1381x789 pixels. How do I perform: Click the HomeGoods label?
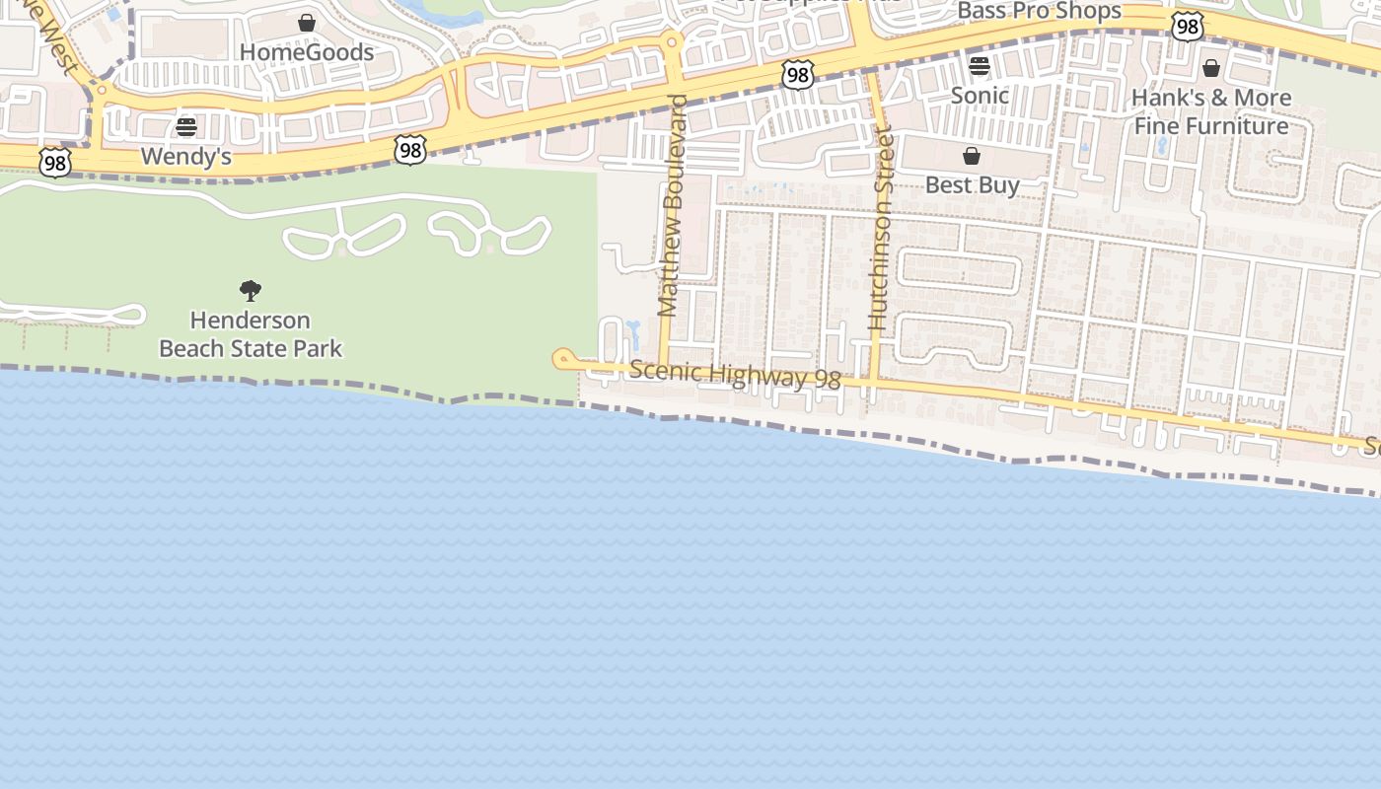(x=307, y=52)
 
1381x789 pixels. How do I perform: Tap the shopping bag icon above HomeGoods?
(x=307, y=22)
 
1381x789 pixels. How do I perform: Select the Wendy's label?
(x=185, y=156)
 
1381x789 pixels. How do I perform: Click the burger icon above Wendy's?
(x=186, y=127)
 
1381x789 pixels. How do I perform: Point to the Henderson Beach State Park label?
(x=251, y=334)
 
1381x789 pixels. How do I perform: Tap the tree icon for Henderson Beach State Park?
(x=251, y=290)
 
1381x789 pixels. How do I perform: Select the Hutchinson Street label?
(x=880, y=229)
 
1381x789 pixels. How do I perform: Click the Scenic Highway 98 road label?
(x=735, y=375)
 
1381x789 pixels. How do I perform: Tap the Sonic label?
(x=980, y=96)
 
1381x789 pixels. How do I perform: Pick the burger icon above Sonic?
(x=980, y=66)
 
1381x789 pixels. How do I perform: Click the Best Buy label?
(x=973, y=185)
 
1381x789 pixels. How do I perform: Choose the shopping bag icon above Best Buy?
(x=972, y=156)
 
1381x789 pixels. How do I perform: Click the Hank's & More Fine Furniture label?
(x=1211, y=111)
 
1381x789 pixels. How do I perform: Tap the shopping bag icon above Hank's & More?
(x=1211, y=68)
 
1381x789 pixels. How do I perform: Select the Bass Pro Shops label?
(x=1040, y=12)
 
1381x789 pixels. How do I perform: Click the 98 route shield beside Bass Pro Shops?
(x=1188, y=27)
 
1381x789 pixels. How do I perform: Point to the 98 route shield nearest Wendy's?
(x=56, y=163)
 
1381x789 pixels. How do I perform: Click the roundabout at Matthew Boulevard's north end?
(x=673, y=42)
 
